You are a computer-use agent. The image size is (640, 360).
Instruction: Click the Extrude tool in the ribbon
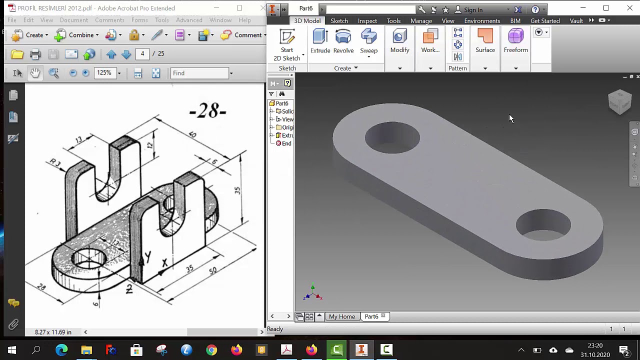pyautogui.click(x=320, y=41)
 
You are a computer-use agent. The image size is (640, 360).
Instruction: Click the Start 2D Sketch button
pyautogui.click(x=287, y=45)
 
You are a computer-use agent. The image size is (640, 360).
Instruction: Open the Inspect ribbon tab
pyautogui.click(x=367, y=20)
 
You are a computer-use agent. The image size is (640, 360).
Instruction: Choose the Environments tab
pyautogui.click(x=481, y=20)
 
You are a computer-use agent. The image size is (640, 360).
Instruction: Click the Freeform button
pyautogui.click(x=515, y=41)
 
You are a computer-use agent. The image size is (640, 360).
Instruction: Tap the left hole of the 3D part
pyautogui.click(x=392, y=137)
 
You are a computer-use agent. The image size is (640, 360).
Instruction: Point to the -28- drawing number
pyautogui.click(x=208, y=111)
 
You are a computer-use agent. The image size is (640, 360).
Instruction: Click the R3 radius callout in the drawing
pyautogui.click(x=55, y=162)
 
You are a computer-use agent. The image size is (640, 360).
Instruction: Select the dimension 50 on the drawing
pyautogui.click(x=213, y=270)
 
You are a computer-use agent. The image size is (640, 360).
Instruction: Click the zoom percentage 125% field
pyautogui.click(x=104, y=73)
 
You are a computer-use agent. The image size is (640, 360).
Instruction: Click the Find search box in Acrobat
pyautogui.click(x=199, y=73)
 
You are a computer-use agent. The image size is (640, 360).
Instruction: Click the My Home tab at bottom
pyautogui.click(x=341, y=316)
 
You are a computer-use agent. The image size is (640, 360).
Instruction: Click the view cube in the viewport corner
pyautogui.click(x=620, y=101)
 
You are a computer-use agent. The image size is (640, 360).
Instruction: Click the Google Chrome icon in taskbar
pyautogui.click(x=211, y=350)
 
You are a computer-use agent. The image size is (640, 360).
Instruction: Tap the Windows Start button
pyautogui.click(x=12, y=350)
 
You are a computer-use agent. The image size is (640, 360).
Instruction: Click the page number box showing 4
pyautogui.click(x=142, y=53)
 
